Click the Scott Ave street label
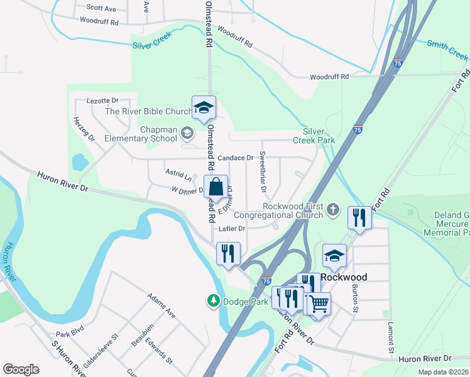pos(101,8)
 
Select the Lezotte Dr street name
pos(102,101)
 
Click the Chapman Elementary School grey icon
pos(187,133)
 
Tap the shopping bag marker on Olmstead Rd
pos(216,187)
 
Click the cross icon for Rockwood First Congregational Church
pos(333,210)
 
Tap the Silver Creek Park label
pos(318,136)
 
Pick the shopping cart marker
pos(319,304)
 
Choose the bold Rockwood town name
pos(344,276)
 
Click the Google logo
pos(21,369)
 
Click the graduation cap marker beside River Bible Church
pos(204,107)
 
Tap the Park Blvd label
pos(70,334)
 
